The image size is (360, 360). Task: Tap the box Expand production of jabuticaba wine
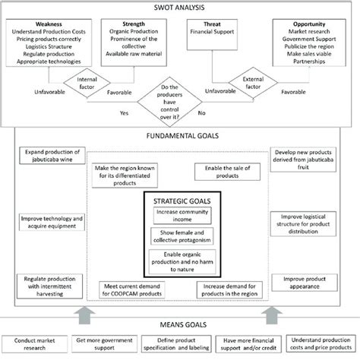click(x=50, y=156)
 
